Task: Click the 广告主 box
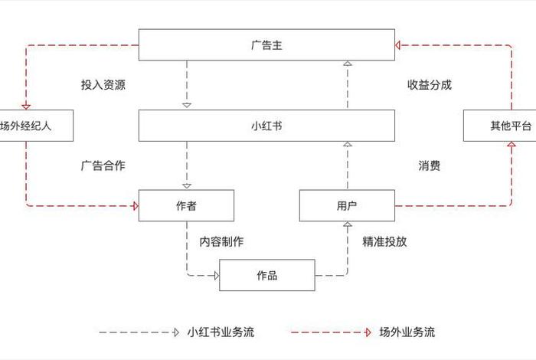(266, 44)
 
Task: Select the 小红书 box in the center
(266, 126)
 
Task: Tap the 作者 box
(186, 205)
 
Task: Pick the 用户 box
(347, 205)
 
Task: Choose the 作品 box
(266, 275)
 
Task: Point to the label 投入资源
(103, 85)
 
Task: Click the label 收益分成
(429, 85)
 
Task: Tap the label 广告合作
(103, 165)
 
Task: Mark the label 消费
(429, 165)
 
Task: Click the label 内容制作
(221, 241)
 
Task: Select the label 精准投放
(384, 241)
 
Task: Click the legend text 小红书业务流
(221, 332)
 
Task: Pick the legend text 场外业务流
(407, 332)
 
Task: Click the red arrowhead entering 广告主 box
(400, 44)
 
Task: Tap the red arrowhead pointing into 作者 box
(135, 205)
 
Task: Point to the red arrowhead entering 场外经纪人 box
(26, 106)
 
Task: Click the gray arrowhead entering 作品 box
(216, 275)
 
